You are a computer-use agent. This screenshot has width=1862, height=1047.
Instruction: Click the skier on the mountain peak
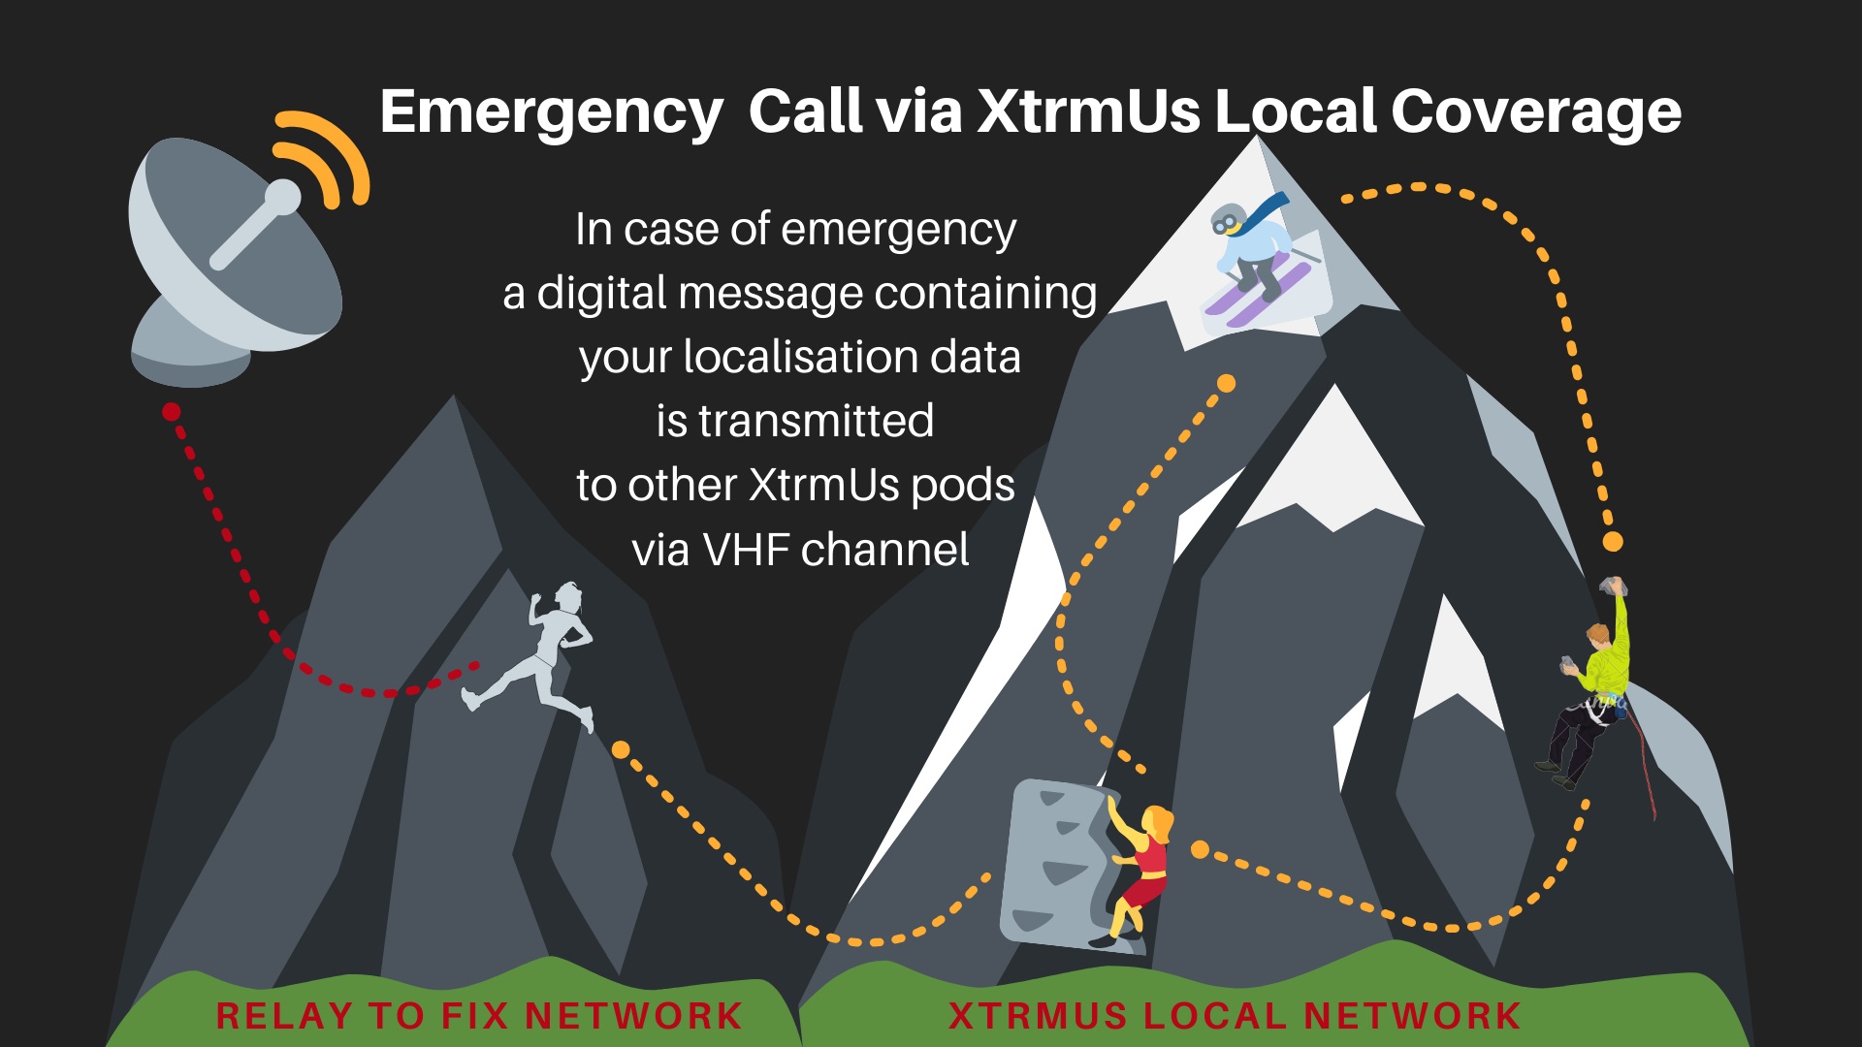click(1256, 257)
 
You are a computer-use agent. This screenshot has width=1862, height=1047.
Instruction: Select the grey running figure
click(538, 654)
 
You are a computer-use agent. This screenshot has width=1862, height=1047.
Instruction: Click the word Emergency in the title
click(551, 112)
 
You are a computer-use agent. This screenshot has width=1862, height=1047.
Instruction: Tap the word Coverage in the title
click(1535, 112)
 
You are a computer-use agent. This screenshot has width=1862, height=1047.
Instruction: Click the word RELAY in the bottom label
click(283, 1016)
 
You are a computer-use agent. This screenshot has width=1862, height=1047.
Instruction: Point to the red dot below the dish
click(172, 412)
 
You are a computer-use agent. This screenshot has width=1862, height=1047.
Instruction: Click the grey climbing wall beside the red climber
click(1052, 863)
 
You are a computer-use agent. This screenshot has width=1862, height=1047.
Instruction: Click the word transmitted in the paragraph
click(816, 421)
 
